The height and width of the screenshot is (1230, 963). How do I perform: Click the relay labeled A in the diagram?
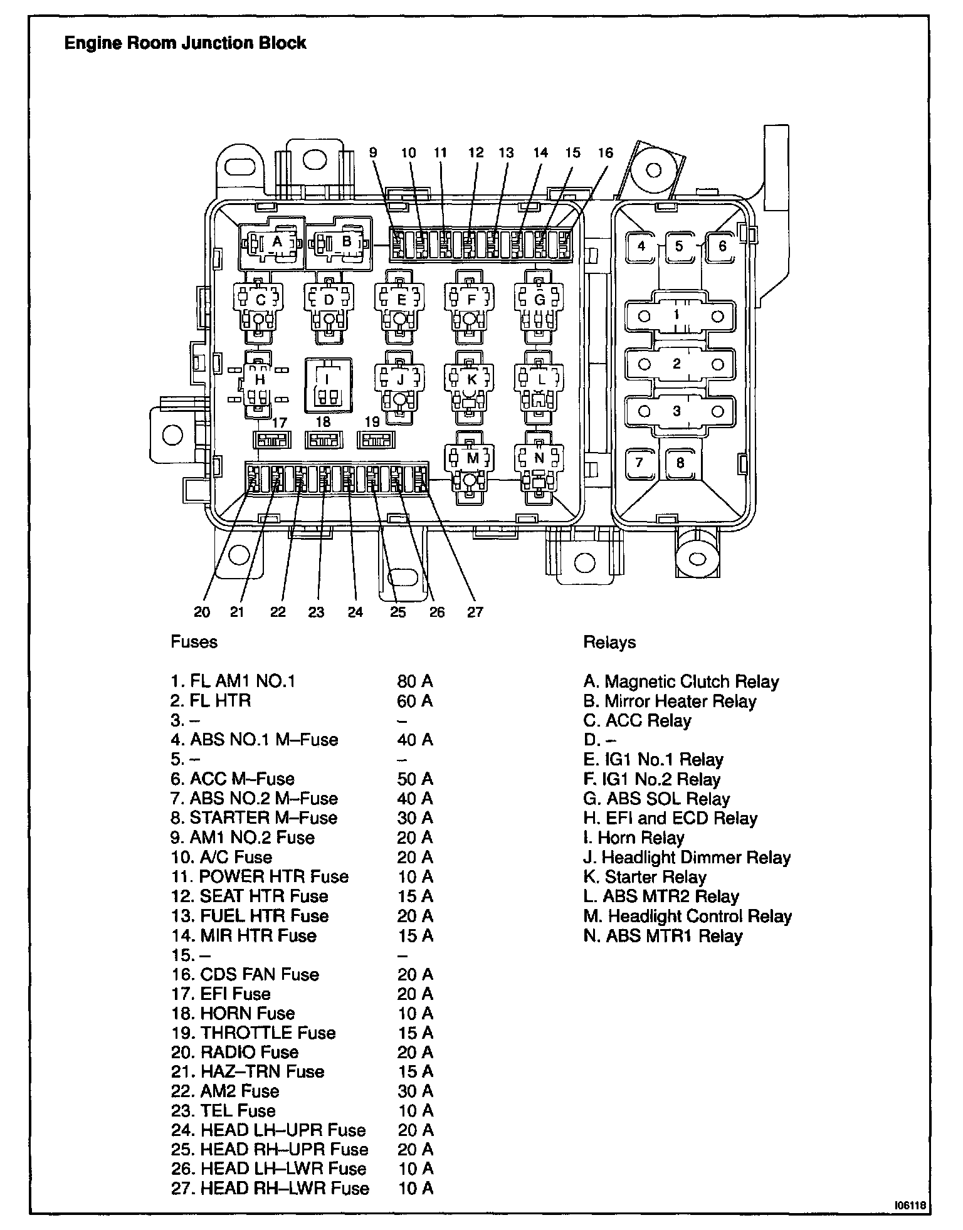(273, 243)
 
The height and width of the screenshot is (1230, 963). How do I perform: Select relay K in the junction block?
(471, 380)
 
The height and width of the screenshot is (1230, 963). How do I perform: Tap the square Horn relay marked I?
(327, 384)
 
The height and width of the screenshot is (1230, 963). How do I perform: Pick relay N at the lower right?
(539, 459)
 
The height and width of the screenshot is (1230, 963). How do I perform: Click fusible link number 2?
(676, 364)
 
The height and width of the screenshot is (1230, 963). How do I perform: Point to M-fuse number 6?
(722, 246)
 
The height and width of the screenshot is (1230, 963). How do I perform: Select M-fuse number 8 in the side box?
(680, 464)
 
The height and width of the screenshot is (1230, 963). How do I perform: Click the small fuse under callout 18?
(324, 440)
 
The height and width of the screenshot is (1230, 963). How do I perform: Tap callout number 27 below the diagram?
(475, 612)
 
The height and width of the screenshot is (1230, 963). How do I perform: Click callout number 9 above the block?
(373, 152)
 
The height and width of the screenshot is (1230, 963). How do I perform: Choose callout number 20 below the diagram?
(202, 612)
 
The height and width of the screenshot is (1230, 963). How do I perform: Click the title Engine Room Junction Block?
(186, 43)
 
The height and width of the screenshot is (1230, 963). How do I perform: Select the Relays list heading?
(609, 643)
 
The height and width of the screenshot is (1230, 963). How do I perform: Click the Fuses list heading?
(194, 643)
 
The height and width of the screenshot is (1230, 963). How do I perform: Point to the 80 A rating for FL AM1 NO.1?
(415, 681)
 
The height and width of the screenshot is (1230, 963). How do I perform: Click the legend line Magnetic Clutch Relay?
(681, 681)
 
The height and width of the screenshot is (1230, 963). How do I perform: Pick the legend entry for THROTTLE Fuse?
(253, 1033)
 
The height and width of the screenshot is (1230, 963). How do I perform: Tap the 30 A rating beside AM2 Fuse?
(415, 1091)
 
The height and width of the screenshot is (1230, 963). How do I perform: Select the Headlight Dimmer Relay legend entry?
(687, 858)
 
